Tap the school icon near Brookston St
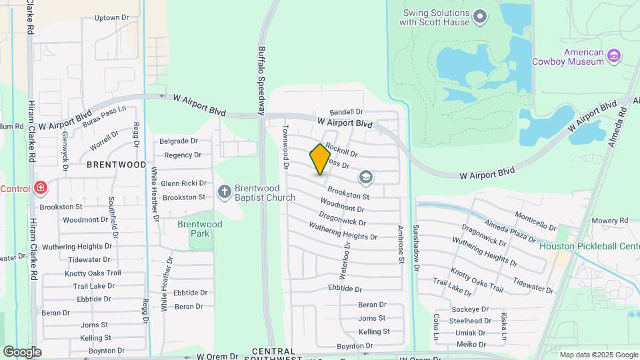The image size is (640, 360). [365, 177]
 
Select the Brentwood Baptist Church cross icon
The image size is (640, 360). [225, 192]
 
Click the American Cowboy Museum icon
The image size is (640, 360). [615, 57]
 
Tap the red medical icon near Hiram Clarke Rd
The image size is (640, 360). [41, 189]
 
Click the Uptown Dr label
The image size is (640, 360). [111, 18]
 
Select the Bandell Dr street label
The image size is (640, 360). [347, 112]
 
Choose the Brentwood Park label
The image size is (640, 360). [199, 229]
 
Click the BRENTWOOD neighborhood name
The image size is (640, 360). [117, 164]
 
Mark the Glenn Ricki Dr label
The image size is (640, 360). [183, 183]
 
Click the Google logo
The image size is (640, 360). [22, 351]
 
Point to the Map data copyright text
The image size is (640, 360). [598, 355]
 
